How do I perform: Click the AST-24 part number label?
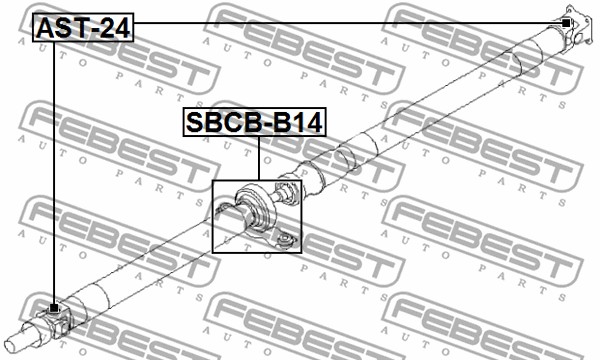(x=83, y=29)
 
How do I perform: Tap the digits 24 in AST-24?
(x=115, y=29)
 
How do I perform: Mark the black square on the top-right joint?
(x=567, y=22)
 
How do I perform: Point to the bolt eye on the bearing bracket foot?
(x=284, y=239)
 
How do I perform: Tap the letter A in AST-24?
(x=46, y=29)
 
